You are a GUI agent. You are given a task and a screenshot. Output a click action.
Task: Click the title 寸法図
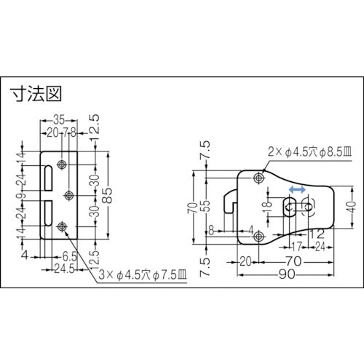click(35, 94)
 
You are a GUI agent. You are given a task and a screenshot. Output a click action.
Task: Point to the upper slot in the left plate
click(49, 178)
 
